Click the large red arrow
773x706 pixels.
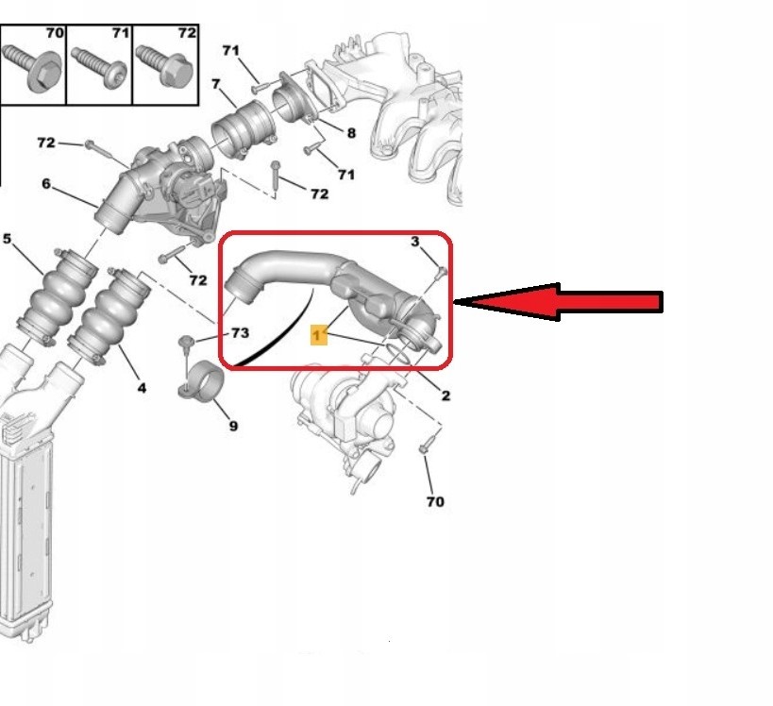coord(557,302)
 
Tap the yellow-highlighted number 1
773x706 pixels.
coord(318,335)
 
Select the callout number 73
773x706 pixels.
coord(240,333)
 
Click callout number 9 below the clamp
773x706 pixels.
coord(234,426)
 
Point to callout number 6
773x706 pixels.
coord(46,183)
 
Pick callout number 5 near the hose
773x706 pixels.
coord(7,239)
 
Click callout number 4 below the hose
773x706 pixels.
coord(142,388)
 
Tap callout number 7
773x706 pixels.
coord(215,84)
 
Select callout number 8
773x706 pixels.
coord(351,133)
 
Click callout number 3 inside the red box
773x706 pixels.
coord(415,241)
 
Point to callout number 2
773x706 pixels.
coord(445,395)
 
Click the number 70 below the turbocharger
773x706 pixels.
coord(435,501)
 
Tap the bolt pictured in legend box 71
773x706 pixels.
coord(100,68)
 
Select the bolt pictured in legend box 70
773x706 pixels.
coord(32,68)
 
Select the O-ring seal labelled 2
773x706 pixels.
coord(397,355)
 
